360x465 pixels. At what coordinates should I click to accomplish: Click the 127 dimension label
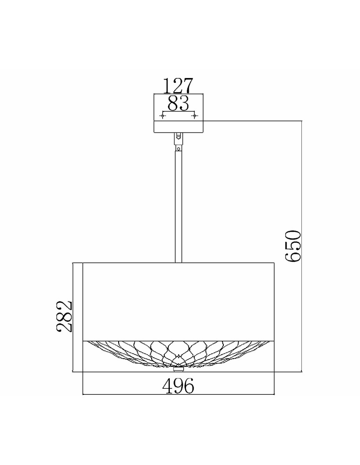click(178, 86)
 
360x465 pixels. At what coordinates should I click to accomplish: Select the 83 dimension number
click(178, 104)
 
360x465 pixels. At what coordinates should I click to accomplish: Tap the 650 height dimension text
click(293, 246)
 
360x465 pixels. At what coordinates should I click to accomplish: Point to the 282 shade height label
click(64, 316)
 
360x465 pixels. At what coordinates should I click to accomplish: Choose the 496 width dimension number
click(178, 385)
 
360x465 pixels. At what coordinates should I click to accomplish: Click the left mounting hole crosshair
click(163, 115)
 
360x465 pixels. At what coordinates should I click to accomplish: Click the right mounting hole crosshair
click(194, 115)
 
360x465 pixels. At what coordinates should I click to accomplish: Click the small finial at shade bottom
click(178, 369)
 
